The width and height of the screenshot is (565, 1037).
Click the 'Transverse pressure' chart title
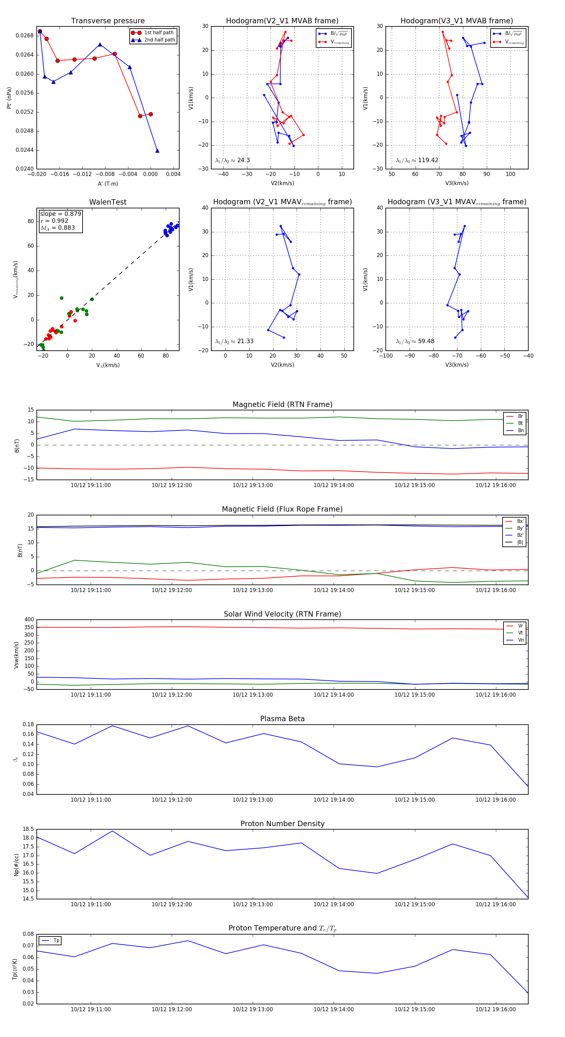coord(108,21)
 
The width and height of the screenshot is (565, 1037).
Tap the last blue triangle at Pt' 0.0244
coord(157,151)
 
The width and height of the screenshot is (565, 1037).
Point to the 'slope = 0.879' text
coord(60,214)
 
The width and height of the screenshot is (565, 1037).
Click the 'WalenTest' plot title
coord(108,202)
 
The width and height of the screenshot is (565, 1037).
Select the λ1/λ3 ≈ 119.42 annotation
coord(417,160)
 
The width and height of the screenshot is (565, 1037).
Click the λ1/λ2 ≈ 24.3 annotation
coord(232,160)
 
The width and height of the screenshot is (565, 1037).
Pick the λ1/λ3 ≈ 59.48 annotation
coord(415,341)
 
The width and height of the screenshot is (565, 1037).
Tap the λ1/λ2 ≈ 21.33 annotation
coord(234,341)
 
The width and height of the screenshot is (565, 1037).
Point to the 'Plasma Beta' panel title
coord(282,719)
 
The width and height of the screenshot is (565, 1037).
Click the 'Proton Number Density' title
coord(282,824)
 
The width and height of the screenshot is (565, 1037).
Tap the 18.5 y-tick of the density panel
coord(28,829)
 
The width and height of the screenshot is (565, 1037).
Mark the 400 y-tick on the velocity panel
coord(29,620)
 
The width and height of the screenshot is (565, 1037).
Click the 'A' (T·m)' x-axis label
coord(108,184)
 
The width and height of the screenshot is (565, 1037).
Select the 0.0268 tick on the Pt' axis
coord(24,36)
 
